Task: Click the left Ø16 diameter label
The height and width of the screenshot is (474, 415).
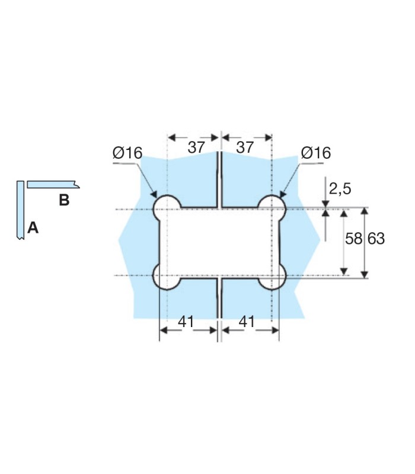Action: pos(127,153)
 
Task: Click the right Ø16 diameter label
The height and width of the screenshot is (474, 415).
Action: pos(316,153)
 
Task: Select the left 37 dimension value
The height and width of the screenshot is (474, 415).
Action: pos(196,148)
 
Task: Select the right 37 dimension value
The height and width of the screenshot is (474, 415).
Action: pos(245,148)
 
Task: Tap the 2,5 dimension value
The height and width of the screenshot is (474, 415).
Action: pos(340,189)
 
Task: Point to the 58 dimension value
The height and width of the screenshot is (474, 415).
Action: pos(353,239)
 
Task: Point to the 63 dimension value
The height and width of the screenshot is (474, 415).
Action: pos(376,239)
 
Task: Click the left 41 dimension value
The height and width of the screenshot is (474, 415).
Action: pos(186,322)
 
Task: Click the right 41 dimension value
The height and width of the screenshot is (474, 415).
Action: pos(247,322)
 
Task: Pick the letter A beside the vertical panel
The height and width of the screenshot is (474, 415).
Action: pos(33,228)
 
